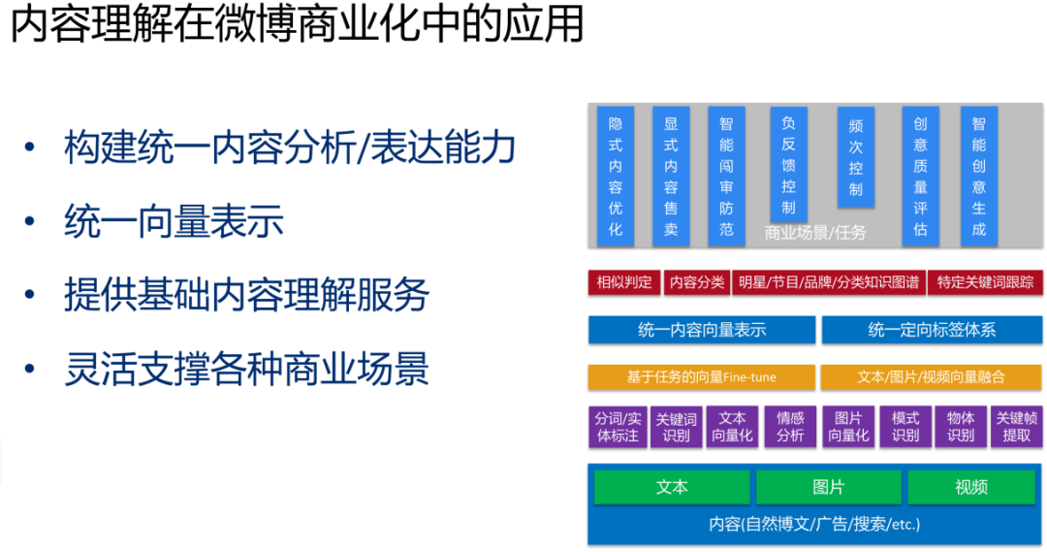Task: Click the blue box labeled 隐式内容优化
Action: point(616,176)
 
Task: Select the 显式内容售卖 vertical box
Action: point(671,176)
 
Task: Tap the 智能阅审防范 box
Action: point(726,176)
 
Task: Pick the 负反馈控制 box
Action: point(788,164)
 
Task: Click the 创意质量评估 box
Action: point(920,176)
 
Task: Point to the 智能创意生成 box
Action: point(978,176)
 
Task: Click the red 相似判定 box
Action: point(623,282)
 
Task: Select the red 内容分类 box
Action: point(696,282)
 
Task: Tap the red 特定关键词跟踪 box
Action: point(985,282)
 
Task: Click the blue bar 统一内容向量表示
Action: point(702,330)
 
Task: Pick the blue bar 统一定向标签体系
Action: point(932,330)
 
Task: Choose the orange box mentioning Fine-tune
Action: point(702,377)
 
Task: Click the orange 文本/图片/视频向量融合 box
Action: point(932,377)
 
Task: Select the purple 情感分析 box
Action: point(790,427)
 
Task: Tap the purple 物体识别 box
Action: point(961,427)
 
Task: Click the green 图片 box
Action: point(828,487)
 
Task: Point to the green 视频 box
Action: point(970,487)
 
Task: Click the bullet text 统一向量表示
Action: point(174,221)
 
